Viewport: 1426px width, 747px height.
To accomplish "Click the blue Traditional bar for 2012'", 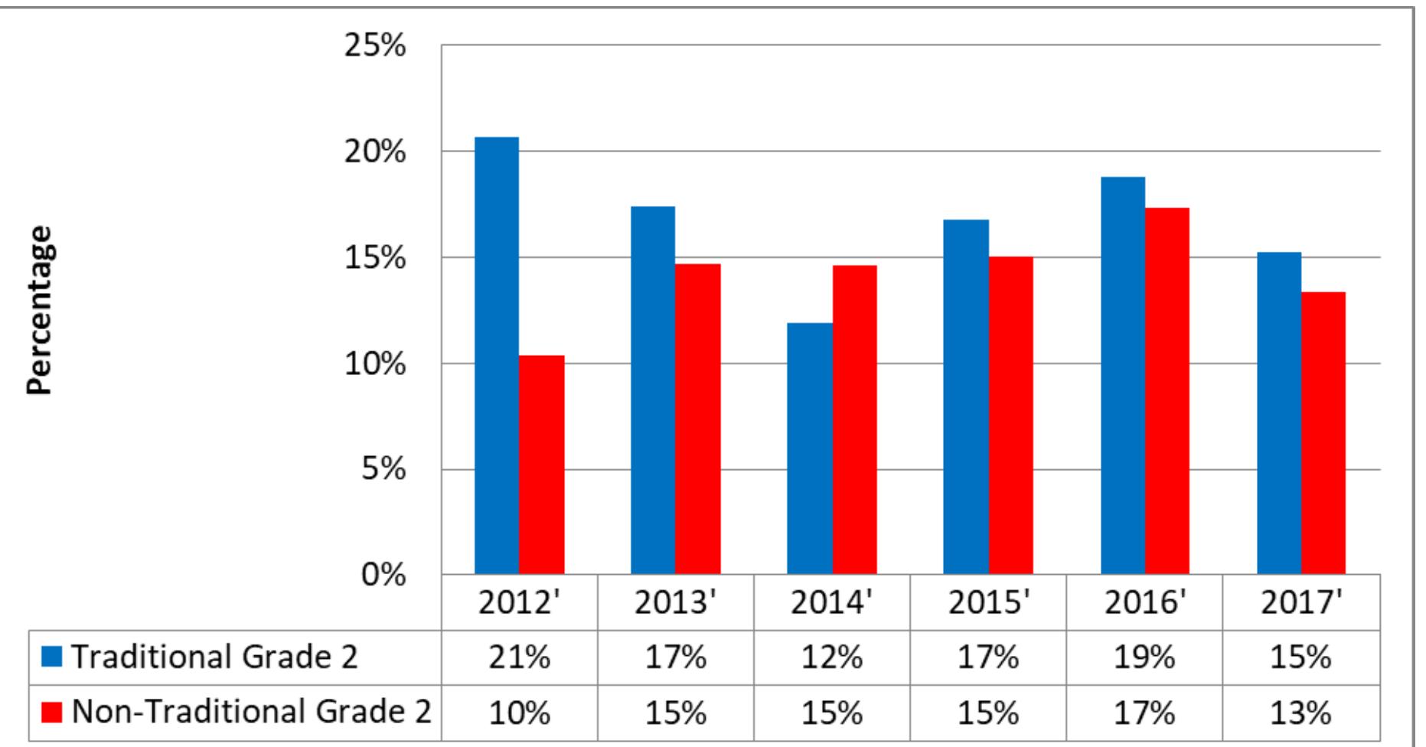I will [497, 356].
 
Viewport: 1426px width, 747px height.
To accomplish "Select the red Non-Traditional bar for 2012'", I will [542, 465].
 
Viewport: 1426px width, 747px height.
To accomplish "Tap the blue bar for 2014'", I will [810, 449].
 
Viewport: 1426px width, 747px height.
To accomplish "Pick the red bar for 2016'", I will [1167, 390].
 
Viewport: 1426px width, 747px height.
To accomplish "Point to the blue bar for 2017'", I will [1279, 413].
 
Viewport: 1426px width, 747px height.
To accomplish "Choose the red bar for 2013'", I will [698, 419].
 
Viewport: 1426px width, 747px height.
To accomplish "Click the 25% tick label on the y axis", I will [374, 47].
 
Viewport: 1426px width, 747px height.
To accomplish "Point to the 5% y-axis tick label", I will [383, 469].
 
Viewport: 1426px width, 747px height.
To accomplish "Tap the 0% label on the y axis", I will [383, 575].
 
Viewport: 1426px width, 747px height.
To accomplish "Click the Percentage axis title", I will [41, 310].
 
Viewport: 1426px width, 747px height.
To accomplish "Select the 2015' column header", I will [988, 603].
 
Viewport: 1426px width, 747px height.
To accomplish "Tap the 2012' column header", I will [520, 603].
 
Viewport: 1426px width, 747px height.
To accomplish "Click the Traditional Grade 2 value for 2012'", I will [520, 657].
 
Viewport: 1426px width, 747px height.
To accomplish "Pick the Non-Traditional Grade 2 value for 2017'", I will [1301, 713].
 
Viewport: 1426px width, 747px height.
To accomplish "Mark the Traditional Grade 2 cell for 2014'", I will [832, 657].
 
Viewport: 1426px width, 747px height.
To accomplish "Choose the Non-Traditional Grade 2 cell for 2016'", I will [1145, 713].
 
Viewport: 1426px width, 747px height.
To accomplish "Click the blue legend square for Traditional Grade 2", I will [51, 657].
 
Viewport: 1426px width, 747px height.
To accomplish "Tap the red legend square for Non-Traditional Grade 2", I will [51, 713].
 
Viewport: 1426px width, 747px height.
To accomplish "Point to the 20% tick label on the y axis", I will [374, 152].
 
